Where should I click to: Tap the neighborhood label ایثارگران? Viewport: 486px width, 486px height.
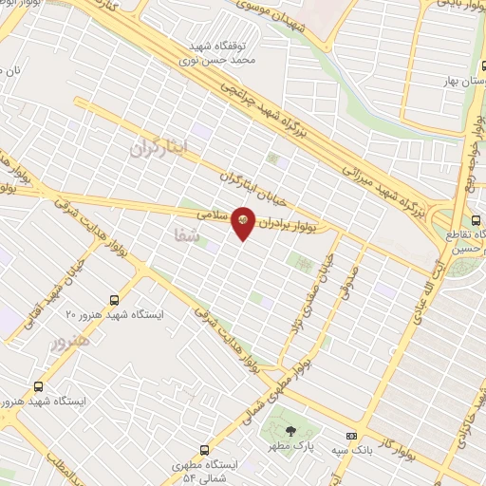(159, 145)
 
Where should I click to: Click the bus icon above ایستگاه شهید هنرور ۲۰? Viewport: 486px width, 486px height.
(115, 298)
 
